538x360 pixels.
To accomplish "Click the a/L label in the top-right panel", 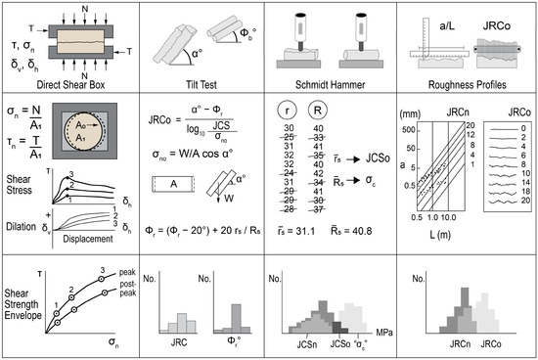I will (438, 21).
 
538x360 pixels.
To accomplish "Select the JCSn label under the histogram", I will (301, 346).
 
